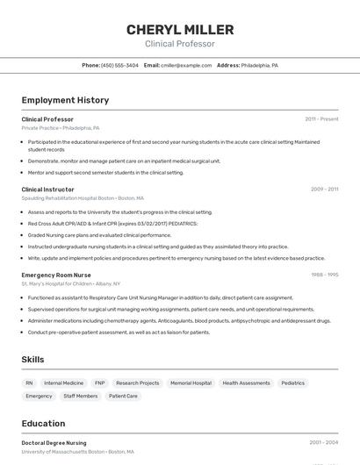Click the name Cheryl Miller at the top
click(x=179, y=30)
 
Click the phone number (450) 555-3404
click(x=119, y=65)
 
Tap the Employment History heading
click(x=65, y=100)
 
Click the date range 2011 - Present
click(x=321, y=119)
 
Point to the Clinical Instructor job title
click(x=48, y=190)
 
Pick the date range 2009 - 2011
click(x=324, y=190)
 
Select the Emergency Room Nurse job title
click(x=56, y=275)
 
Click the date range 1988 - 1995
click(x=324, y=275)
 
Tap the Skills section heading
click(x=33, y=360)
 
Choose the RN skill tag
click(x=29, y=383)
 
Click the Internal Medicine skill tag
click(x=64, y=383)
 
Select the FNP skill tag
click(x=100, y=383)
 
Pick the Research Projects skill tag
click(x=138, y=383)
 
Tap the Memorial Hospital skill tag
click(x=191, y=383)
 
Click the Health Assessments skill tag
click(x=246, y=383)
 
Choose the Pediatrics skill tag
click(x=293, y=383)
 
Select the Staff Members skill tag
click(x=81, y=397)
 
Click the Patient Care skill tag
click(x=123, y=397)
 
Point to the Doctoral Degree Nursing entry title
click(x=54, y=443)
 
